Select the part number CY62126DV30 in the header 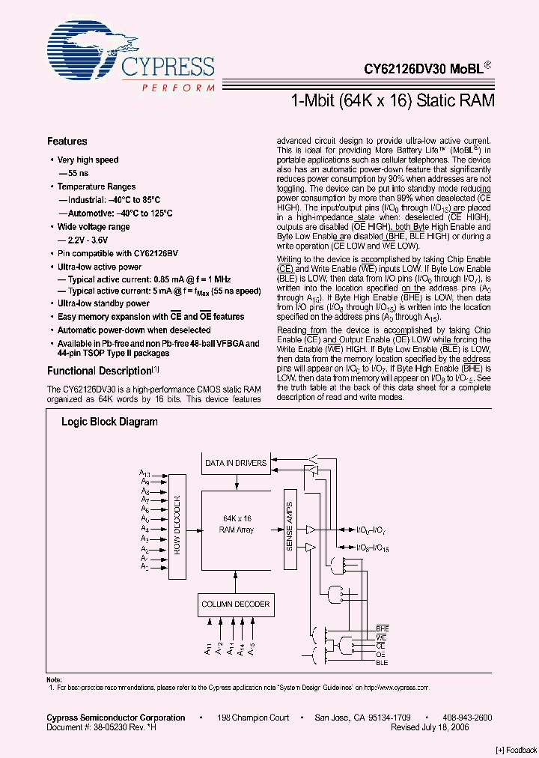404,68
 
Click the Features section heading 67,141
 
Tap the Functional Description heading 100,371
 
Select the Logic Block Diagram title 109,422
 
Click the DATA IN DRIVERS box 236,463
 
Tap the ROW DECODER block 177,526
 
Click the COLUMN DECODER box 236,604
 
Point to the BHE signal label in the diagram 382,628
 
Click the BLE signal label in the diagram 382,662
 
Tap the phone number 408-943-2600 467,718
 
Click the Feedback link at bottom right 516,750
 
